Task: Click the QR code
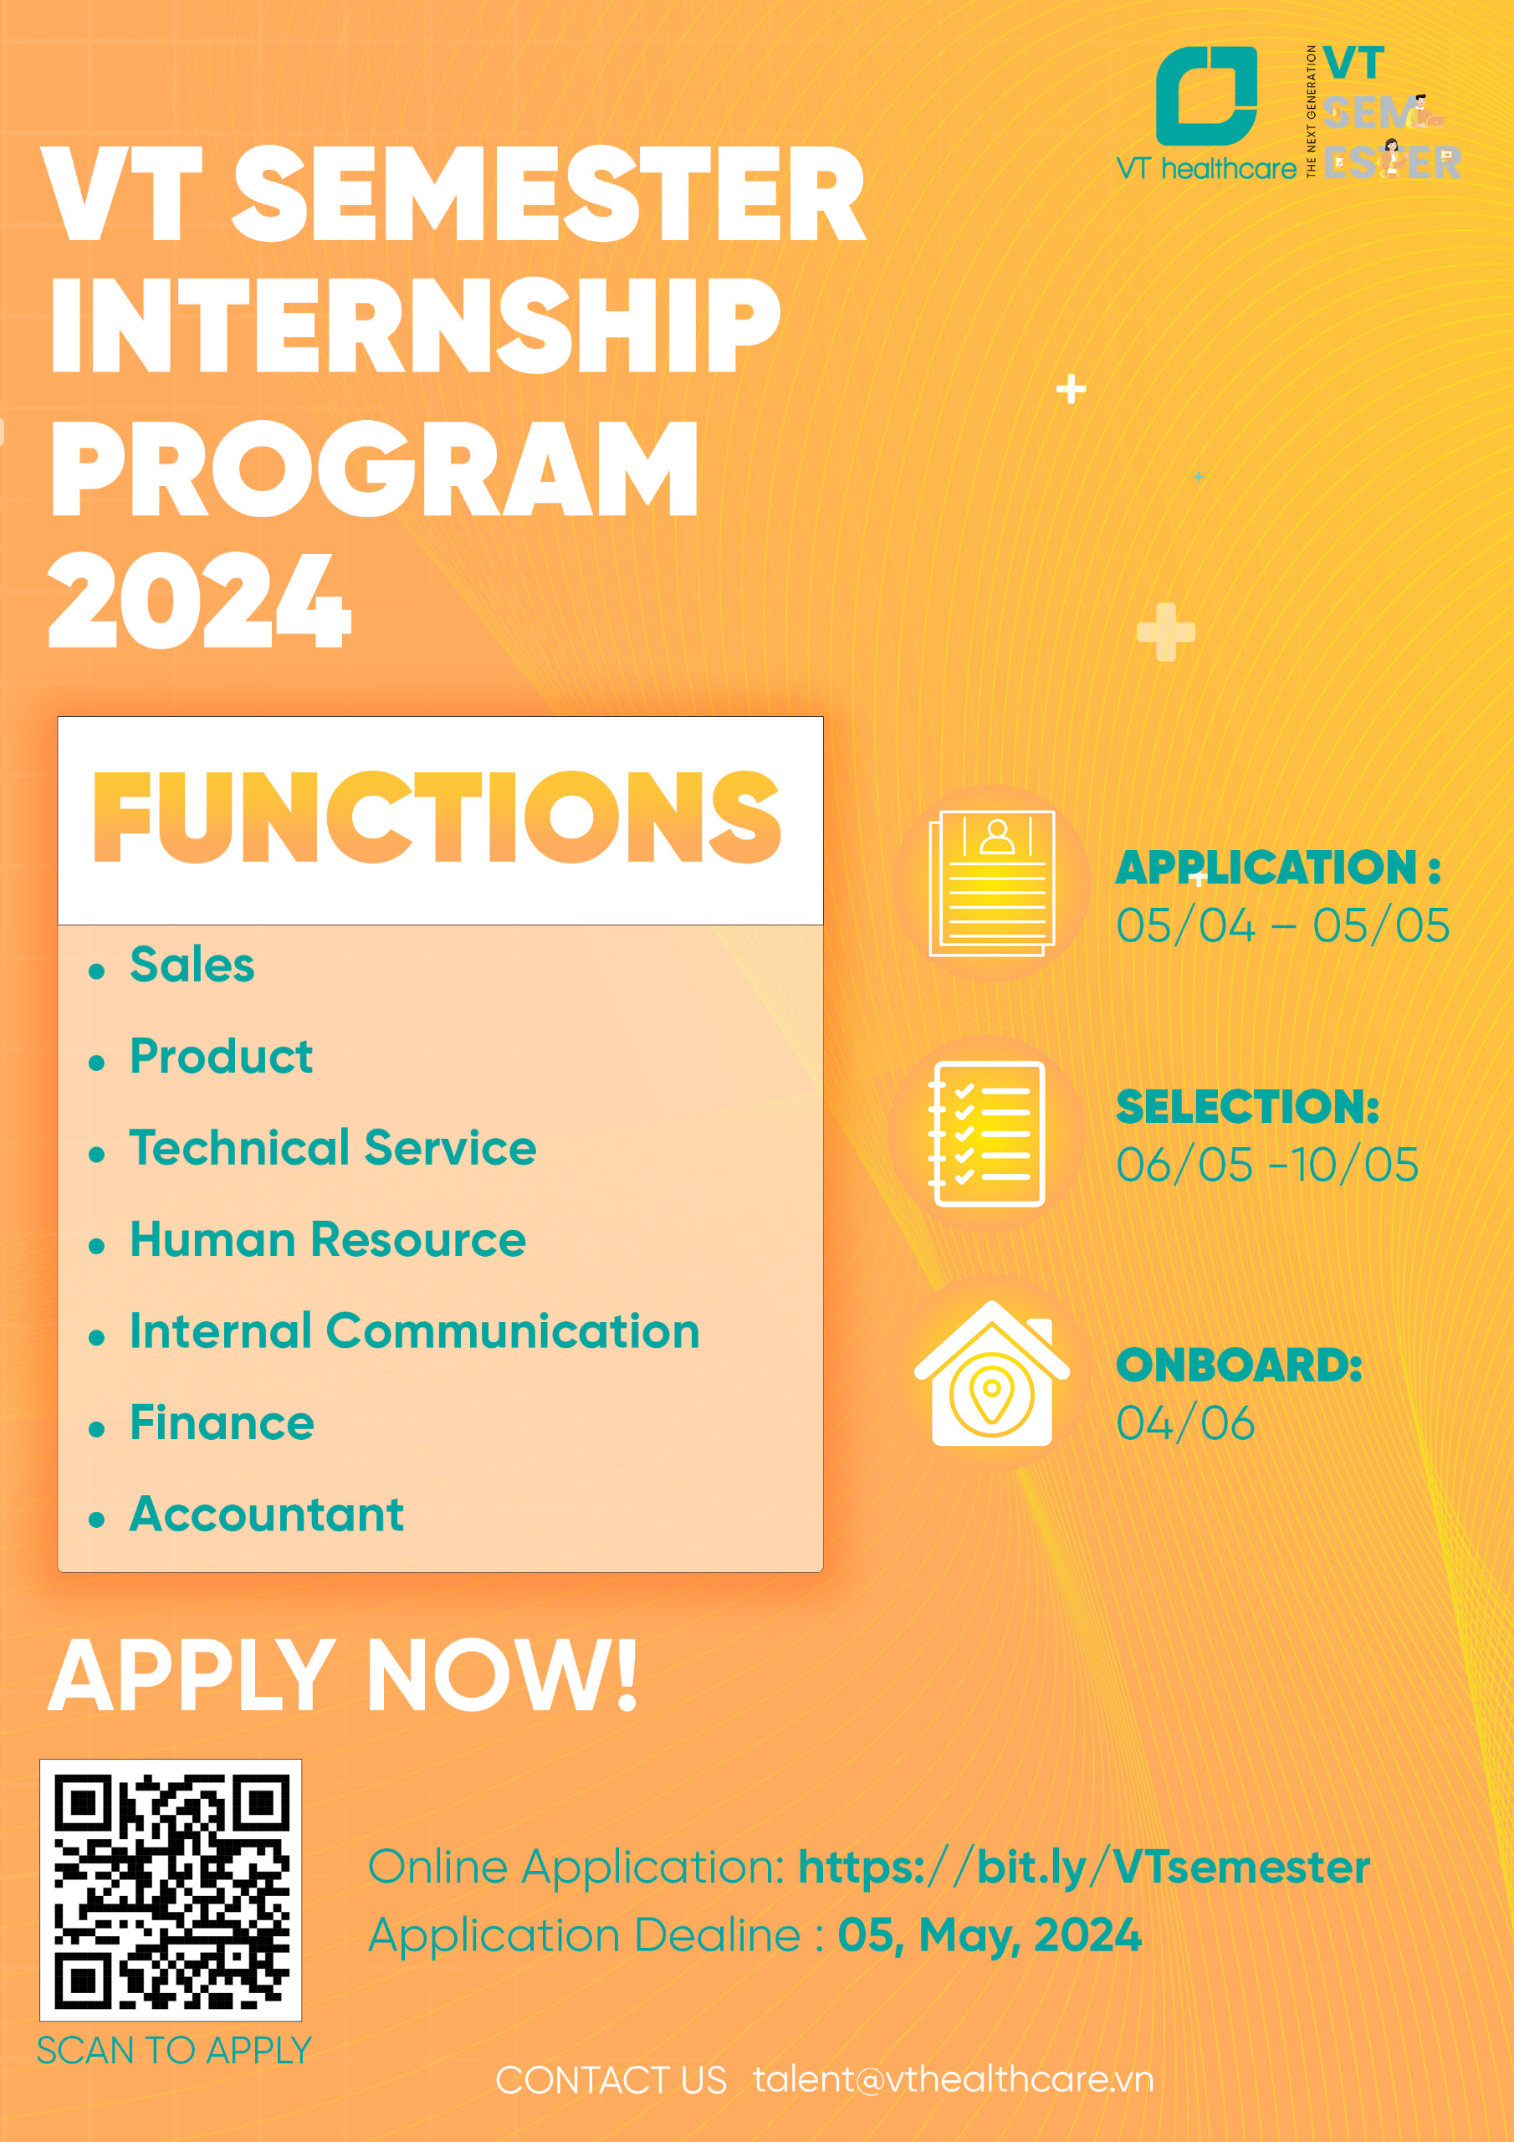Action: pyautogui.click(x=171, y=1889)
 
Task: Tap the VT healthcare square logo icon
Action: pyautogui.click(x=1206, y=96)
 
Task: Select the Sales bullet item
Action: pyautogui.click(x=192, y=964)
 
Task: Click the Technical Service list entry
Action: pyautogui.click(x=333, y=1146)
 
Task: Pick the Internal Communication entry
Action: pyautogui.click(x=415, y=1330)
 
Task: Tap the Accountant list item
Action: pyautogui.click(x=267, y=1514)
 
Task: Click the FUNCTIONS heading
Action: pyautogui.click(x=437, y=817)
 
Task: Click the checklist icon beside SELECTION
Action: pyautogui.click(x=987, y=1134)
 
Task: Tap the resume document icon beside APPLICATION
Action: pyautogui.click(x=991, y=884)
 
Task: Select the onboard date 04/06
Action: pyautogui.click(x=1184, y=1423)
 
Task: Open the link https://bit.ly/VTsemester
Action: pyautogui.click(x=1084, y=1867)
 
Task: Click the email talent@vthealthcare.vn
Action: pyautogui.click(x=954, y=2079)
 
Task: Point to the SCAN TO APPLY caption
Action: pyautogui.click(x=173, y=2051)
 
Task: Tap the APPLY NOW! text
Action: pyautogui.click(x=342, y=1677)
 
